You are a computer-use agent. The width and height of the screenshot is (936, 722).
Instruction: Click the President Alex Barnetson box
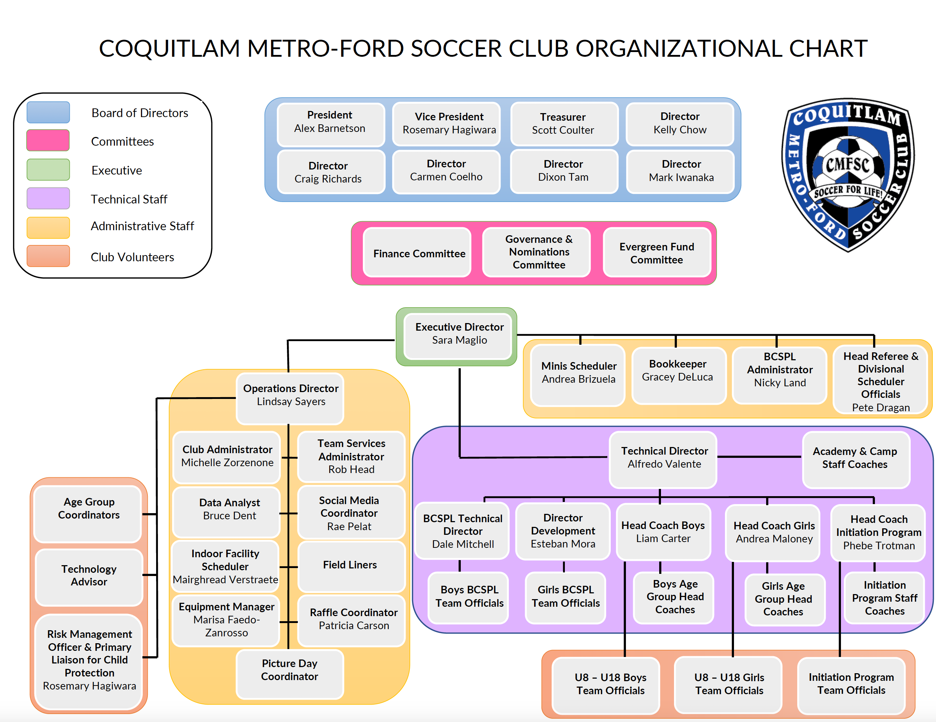click(x=330, y=124)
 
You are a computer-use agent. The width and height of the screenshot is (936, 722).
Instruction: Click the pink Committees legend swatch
click(x=48, y=140)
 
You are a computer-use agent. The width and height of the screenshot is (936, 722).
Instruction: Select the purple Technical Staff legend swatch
click(x=48, y=198)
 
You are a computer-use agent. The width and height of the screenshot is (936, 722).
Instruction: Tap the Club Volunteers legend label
click(x=132, y=257)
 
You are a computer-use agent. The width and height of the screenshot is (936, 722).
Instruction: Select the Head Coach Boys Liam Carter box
click(x=664, y=533)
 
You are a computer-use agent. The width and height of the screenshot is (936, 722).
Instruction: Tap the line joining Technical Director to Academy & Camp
click(x=759, y=457)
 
